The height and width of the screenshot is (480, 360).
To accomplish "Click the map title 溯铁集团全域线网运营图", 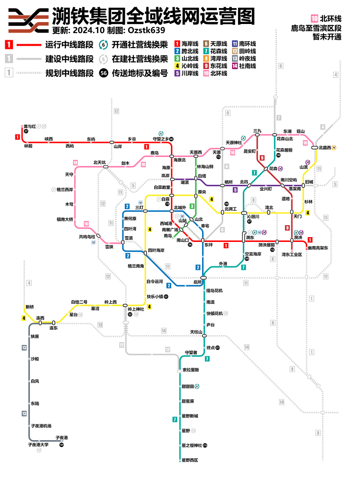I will [153, 16].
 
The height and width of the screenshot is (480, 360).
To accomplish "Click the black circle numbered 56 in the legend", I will [103, 73].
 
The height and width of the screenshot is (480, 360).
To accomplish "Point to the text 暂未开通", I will [326, 37].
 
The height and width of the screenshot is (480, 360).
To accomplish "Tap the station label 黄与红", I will [30, 126].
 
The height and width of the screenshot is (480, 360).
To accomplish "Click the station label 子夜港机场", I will [41, 426].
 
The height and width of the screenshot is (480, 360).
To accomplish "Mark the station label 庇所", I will [197, 282].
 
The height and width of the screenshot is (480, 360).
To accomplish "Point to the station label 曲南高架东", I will [318, 248].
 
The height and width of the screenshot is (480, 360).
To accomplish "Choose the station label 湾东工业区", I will [292, 254].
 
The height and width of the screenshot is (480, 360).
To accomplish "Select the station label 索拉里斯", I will [191, 370].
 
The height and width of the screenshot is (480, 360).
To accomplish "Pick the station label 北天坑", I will [99, 162].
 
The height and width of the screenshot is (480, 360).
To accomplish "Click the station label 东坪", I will [208, 245].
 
